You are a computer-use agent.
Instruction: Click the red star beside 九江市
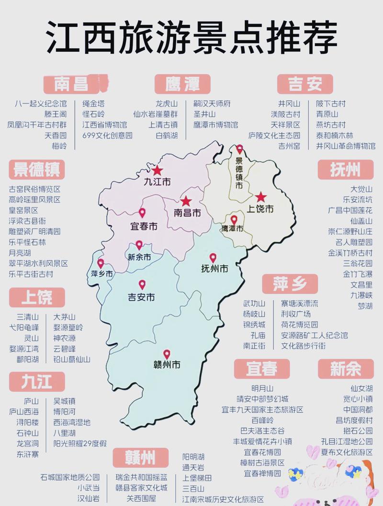[158, 170]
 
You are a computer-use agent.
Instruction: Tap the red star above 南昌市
[186, 202]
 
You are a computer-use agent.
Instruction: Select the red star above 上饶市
[260, 197]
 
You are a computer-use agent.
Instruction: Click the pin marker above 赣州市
[167, 354]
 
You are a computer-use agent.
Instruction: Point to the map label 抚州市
[214, 269]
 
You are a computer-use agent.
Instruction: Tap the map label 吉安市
[141, 297]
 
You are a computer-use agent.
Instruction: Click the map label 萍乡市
[102, 274]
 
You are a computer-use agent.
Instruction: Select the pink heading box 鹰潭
[176, 84]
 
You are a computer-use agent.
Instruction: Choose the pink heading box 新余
[346, 369]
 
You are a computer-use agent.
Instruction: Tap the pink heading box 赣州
[141, 458]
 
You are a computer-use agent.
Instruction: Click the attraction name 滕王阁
[56, 114]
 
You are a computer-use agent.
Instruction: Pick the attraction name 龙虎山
[167, 103]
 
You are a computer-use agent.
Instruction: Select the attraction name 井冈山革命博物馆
[345, 146]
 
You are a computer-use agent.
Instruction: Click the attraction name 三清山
[28, 317]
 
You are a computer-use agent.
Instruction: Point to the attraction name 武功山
[254, 304]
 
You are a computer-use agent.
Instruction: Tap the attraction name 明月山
[262, 388]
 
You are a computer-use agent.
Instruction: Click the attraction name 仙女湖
[361, 388]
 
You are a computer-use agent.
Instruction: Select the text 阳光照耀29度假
[79, 443]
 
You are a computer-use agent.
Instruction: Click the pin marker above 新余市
[139, 245]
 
